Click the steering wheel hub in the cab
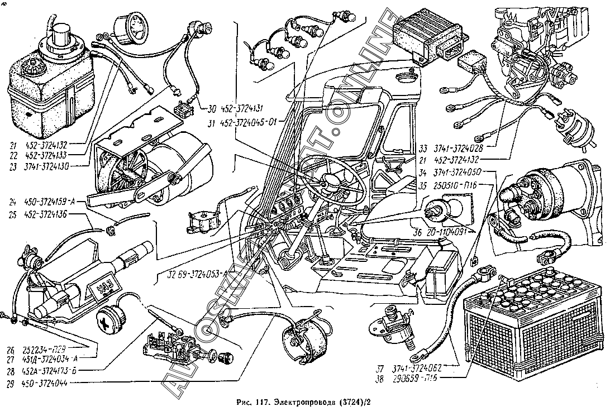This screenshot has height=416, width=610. tap(329, 179)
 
